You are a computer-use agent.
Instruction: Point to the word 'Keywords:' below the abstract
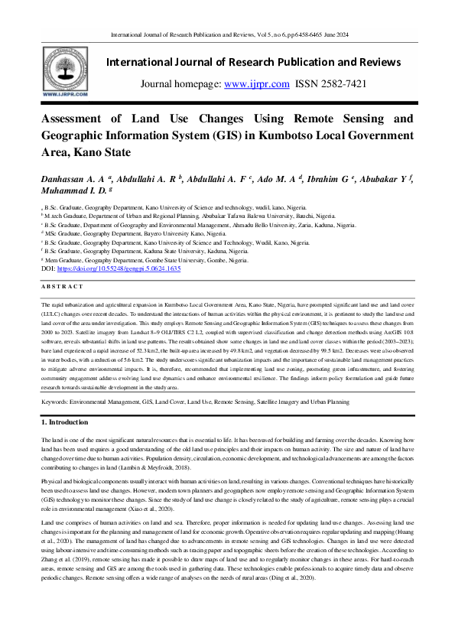pos(57,400)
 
